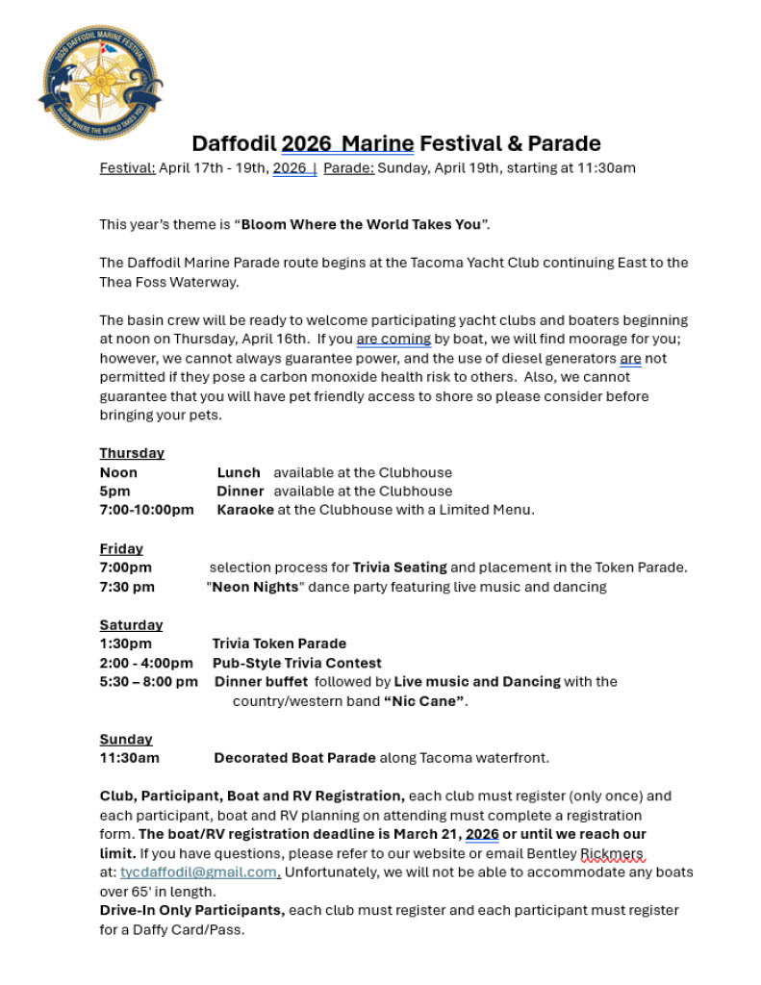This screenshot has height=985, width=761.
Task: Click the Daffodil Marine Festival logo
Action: click(100, 83)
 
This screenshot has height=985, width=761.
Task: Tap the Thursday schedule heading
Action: click(132, 453)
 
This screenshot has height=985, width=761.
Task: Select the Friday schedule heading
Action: click(121, 548)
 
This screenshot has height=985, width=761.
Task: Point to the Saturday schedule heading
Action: click(131, 625)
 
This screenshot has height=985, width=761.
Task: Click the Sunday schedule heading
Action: click(126, 740)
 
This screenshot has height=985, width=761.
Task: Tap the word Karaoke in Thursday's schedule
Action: click(245, 510)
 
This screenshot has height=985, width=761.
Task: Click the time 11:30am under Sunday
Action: click(130, 758)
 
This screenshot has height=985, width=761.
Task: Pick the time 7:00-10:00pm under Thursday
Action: click(146, 510)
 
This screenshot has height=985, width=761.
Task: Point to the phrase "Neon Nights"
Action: click(255, 587)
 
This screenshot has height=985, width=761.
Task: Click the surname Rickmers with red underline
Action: click(613, 853)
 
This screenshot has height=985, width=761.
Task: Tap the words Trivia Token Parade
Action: click(279, 644)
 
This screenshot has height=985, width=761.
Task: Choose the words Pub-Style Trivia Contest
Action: click(297, 663)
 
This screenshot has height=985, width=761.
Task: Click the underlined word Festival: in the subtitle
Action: click(128, 168)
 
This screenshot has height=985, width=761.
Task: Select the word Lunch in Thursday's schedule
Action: click(239, 472)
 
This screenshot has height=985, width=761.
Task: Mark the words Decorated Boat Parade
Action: click(294, 758)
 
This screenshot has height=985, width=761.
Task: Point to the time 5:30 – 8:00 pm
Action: click(149, 682)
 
